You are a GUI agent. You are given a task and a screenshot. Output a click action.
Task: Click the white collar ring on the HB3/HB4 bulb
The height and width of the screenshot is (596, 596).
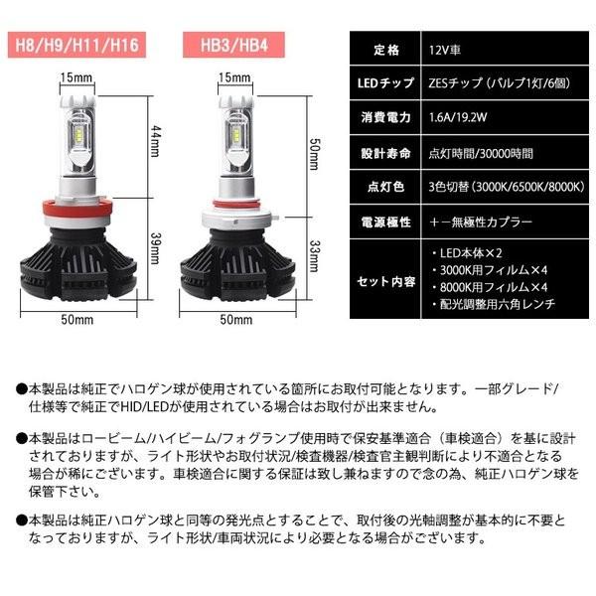(x=235, y=212)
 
